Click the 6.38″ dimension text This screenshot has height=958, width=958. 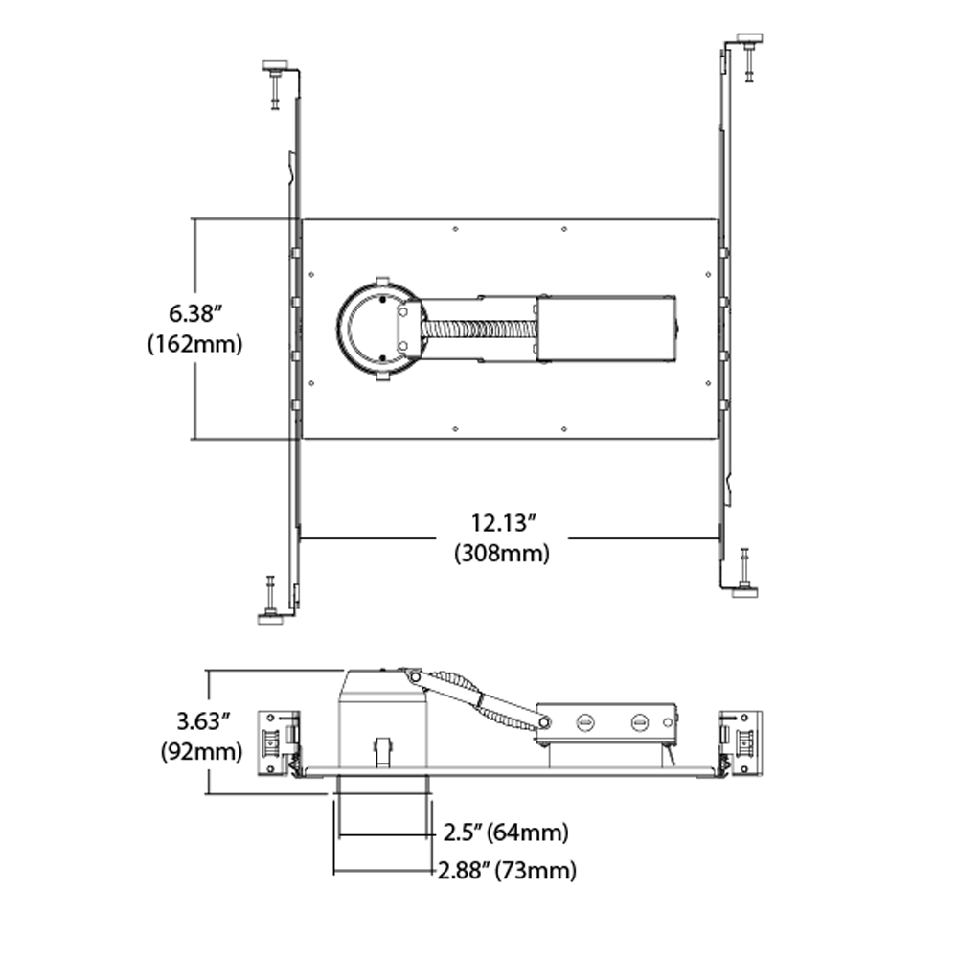tap(194, 313)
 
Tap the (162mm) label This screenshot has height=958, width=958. tap(194, 344)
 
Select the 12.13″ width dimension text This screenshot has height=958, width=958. tap(503, 523)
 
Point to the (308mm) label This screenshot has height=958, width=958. tap(502, 554)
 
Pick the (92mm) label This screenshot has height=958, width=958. tap(201, 751)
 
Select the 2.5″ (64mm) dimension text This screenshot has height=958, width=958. tap(506, 833)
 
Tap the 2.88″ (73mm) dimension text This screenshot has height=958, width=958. tap(507, 870)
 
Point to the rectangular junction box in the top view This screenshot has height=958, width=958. tap(606, 329)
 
